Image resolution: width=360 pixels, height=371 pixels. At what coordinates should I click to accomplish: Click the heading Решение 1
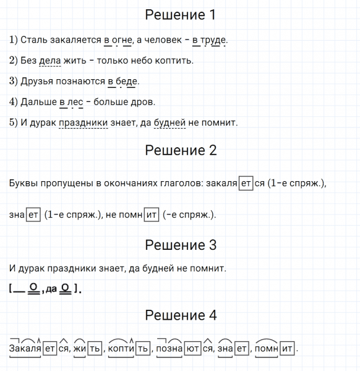[x=180, y=15]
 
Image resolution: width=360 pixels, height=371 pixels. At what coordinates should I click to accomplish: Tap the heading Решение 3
[x=180, y=245]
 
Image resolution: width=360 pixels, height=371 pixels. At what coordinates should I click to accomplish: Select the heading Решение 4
[x=180, y=315]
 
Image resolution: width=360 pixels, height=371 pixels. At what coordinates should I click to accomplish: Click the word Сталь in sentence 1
[x=32, y=40]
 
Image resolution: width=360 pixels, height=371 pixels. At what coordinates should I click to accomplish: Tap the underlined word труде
[x=213, y=40]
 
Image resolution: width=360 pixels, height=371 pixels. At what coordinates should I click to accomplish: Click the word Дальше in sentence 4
[x=38, y=101]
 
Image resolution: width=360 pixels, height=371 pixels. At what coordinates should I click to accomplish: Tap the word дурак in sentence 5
[x=43, y=122]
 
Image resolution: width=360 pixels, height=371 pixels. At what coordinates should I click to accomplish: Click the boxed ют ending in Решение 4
[x=193, y=349]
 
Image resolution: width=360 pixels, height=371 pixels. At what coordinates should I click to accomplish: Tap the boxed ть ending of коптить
[x=142, y=349]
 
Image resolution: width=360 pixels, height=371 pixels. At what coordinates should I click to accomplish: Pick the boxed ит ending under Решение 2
[x=151, y=215]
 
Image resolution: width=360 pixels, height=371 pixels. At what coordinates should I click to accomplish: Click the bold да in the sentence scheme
[x=51, y=289]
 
